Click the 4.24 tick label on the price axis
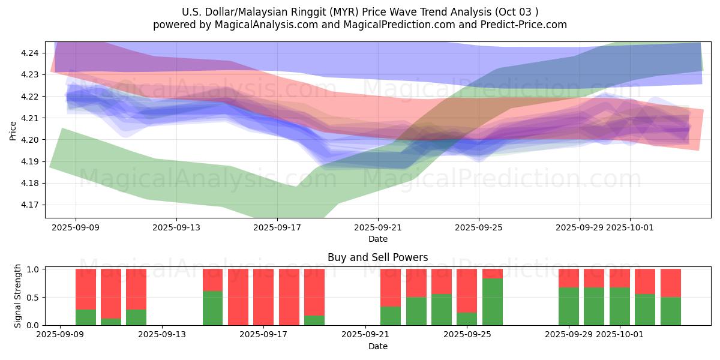30,53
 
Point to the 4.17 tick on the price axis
30,205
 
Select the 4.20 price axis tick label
30,140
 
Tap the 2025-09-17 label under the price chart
277,227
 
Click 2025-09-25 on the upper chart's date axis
479,227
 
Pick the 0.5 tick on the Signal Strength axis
34,298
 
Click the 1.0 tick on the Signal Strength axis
34,269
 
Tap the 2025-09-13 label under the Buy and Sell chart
162,335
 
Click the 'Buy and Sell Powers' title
377,257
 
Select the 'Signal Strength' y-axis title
18,296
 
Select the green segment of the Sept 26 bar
493,302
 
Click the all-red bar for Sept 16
238,297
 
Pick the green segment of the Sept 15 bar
212,308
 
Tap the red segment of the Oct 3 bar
671,283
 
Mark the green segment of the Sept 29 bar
569,306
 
